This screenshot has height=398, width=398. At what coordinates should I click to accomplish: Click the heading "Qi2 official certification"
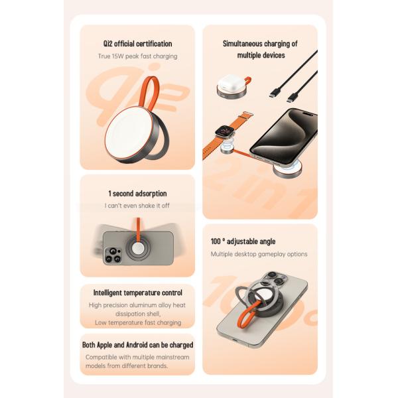[x=137, y=44]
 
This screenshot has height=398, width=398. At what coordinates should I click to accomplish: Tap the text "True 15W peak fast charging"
[x=137, y=56]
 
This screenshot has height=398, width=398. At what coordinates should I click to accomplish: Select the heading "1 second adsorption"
[x=137, y=194]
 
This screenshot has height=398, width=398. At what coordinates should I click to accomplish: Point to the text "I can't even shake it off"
[x=137, y=206]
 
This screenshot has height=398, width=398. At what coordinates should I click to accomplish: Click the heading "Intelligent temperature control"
[x=137, y=293]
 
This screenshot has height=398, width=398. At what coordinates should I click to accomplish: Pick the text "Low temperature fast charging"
[x=137, y=322]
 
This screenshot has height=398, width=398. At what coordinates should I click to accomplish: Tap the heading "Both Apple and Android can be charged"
[x=137, y=345]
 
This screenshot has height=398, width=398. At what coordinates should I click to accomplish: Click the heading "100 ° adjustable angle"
[x=243, y=241]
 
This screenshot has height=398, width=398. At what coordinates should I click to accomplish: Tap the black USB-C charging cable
[x=295, y=76]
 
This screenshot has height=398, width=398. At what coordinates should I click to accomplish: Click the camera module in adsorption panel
[x=112, y=254]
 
